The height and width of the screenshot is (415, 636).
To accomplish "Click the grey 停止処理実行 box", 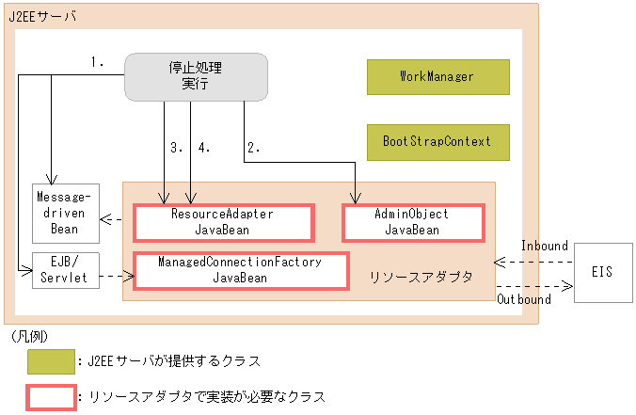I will pyautogui.click(x=197, y=76).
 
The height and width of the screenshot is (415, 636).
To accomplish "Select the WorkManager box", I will pyautogui.click(x=437, y=76).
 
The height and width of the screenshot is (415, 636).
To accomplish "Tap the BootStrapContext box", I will pyautogui.click(x=437, y=141).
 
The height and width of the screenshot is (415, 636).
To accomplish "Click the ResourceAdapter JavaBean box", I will pyautogui.click(x=222, y=221).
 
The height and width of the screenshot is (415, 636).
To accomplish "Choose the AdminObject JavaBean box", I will pyautogui.click(x=412, y=221).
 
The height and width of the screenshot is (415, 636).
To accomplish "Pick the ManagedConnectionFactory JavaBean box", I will pyautogui.click(x=240, y=270).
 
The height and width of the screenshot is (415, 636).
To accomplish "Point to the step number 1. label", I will pyautogui.click(x=97, y=63).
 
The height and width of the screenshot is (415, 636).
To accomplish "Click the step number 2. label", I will pyautogui.click(x=253, y=147).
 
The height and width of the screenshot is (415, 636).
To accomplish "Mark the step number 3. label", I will pyautogui.click(x=176, y=147).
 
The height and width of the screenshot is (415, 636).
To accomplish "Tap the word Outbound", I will pyautogui.click(x=524, y=299).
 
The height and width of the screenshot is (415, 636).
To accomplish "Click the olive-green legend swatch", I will pyautogui.click(x=52, y=360).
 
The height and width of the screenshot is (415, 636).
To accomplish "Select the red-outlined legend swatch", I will pyautogui.click(x=52, y=396).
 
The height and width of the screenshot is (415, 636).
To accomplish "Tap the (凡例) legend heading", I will pyautogui.click(x=29, y=336).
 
